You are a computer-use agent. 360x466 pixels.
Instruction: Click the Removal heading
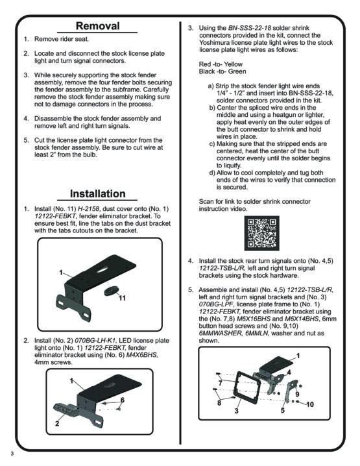(98, 26)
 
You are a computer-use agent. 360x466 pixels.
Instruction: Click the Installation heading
(98, 194)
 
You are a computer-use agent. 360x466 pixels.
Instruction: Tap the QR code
(261, 233)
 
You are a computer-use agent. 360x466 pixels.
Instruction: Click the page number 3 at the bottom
(12, 454)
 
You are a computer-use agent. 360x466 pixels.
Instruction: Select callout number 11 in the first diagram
(122, 298)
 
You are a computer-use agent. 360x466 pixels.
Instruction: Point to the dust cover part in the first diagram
(111, 290)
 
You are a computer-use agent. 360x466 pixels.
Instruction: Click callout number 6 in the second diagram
(123, 400)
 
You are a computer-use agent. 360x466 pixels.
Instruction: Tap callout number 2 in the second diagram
(57, 424)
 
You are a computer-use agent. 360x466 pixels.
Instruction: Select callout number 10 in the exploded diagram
(310, 404)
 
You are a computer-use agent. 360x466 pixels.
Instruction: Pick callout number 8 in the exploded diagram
(219, 403)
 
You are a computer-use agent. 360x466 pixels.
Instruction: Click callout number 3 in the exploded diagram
(237, 411)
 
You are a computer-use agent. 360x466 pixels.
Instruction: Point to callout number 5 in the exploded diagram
(282, 410)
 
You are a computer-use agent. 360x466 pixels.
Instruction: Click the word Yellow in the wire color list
(233, 64)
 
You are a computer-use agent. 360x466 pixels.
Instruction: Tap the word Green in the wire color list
(237, 71)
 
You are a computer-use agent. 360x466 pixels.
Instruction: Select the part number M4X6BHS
(142, 355)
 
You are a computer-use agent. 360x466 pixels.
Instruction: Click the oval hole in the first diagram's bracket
(102, 269)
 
